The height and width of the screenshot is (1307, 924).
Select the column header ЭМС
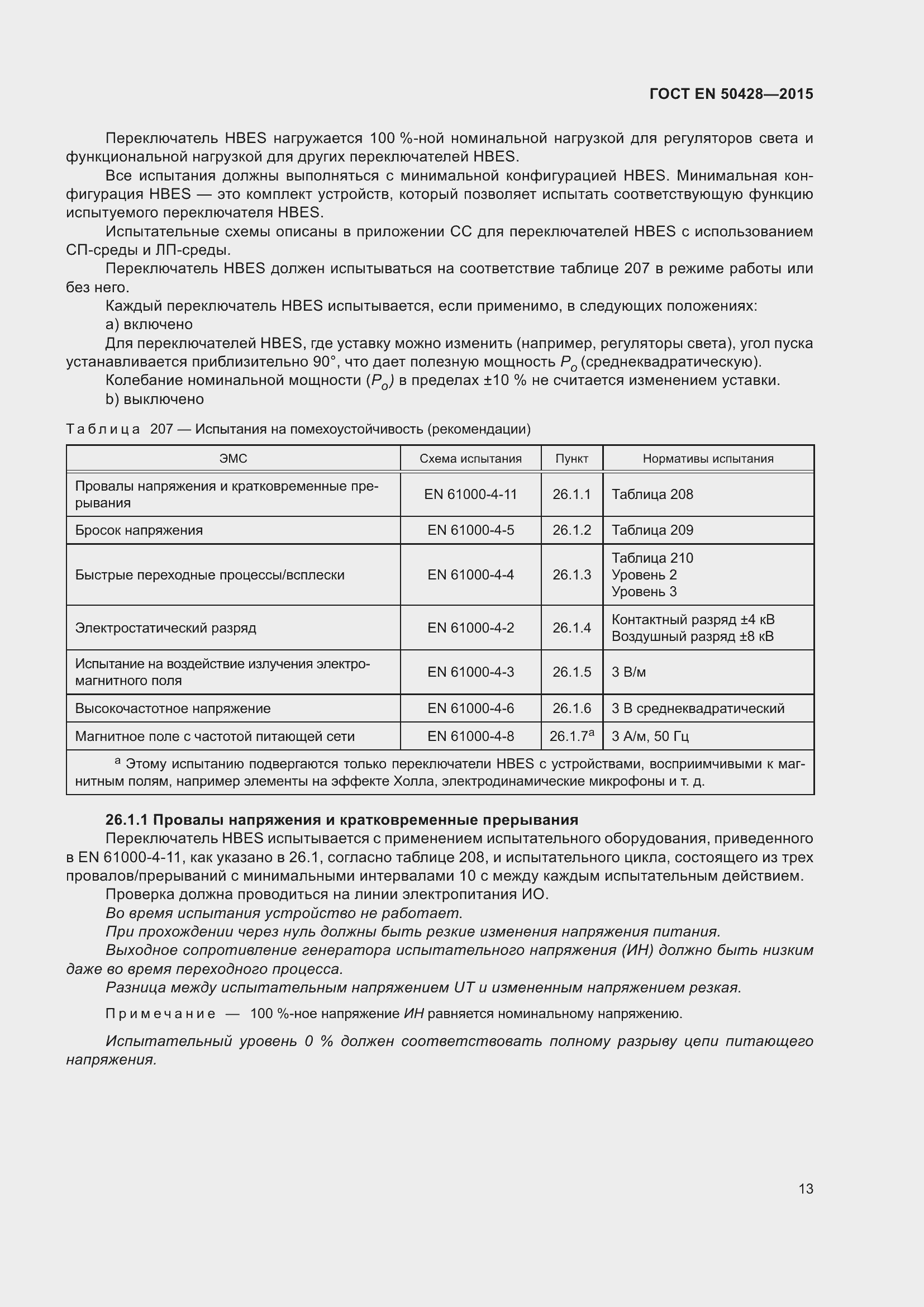tap(234, 459)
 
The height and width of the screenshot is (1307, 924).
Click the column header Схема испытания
tap(470, 459)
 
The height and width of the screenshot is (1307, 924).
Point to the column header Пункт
tap(571, 459)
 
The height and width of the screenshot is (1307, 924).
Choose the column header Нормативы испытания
tap(708, 459)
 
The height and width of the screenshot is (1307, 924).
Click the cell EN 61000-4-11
tap(470, 494)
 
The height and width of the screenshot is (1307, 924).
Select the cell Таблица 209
tap(652, 530)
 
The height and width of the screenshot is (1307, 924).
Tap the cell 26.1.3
tap(571, 574)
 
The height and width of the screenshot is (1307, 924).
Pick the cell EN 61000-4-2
tap(470, 628)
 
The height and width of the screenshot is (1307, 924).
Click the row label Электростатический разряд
tap(165, 628)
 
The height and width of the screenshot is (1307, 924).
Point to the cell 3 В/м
tap(628, 672)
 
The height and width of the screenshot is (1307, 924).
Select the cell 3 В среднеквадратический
tap(698, 708)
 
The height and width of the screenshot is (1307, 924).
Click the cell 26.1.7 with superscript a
tap(571, 735)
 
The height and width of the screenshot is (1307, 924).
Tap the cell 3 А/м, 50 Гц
tap(650, 736)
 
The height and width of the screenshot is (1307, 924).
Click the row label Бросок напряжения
tap(139, 530)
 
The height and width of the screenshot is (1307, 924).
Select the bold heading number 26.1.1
tap(126, 820)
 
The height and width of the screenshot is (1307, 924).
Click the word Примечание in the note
tap(160, 1013)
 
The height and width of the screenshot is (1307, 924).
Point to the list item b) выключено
tap(154, 399)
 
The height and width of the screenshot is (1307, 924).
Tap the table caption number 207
tap(161, 429)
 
